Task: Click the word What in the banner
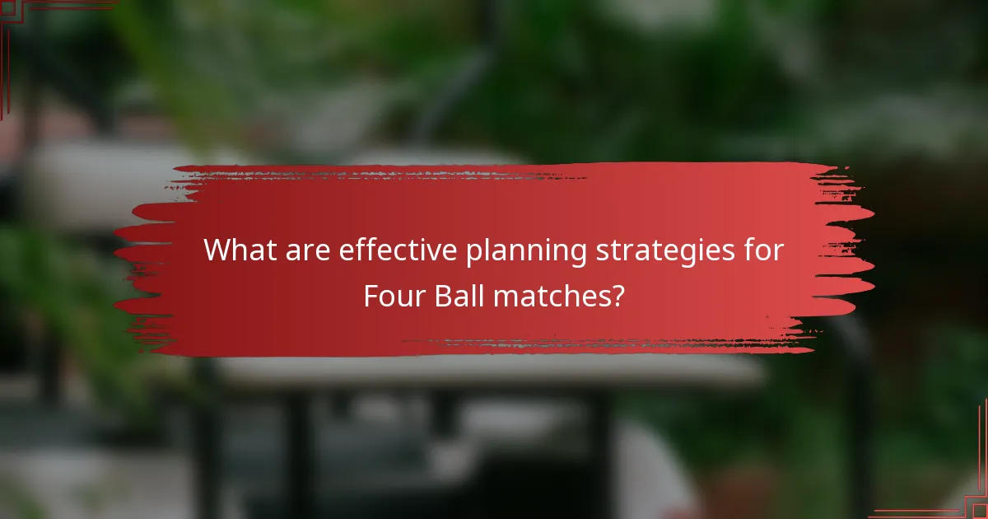[x=236, y=250]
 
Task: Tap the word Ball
[x=461, y=295]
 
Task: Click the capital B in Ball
[x=445, y=295]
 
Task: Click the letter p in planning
[x=473, y=253]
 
